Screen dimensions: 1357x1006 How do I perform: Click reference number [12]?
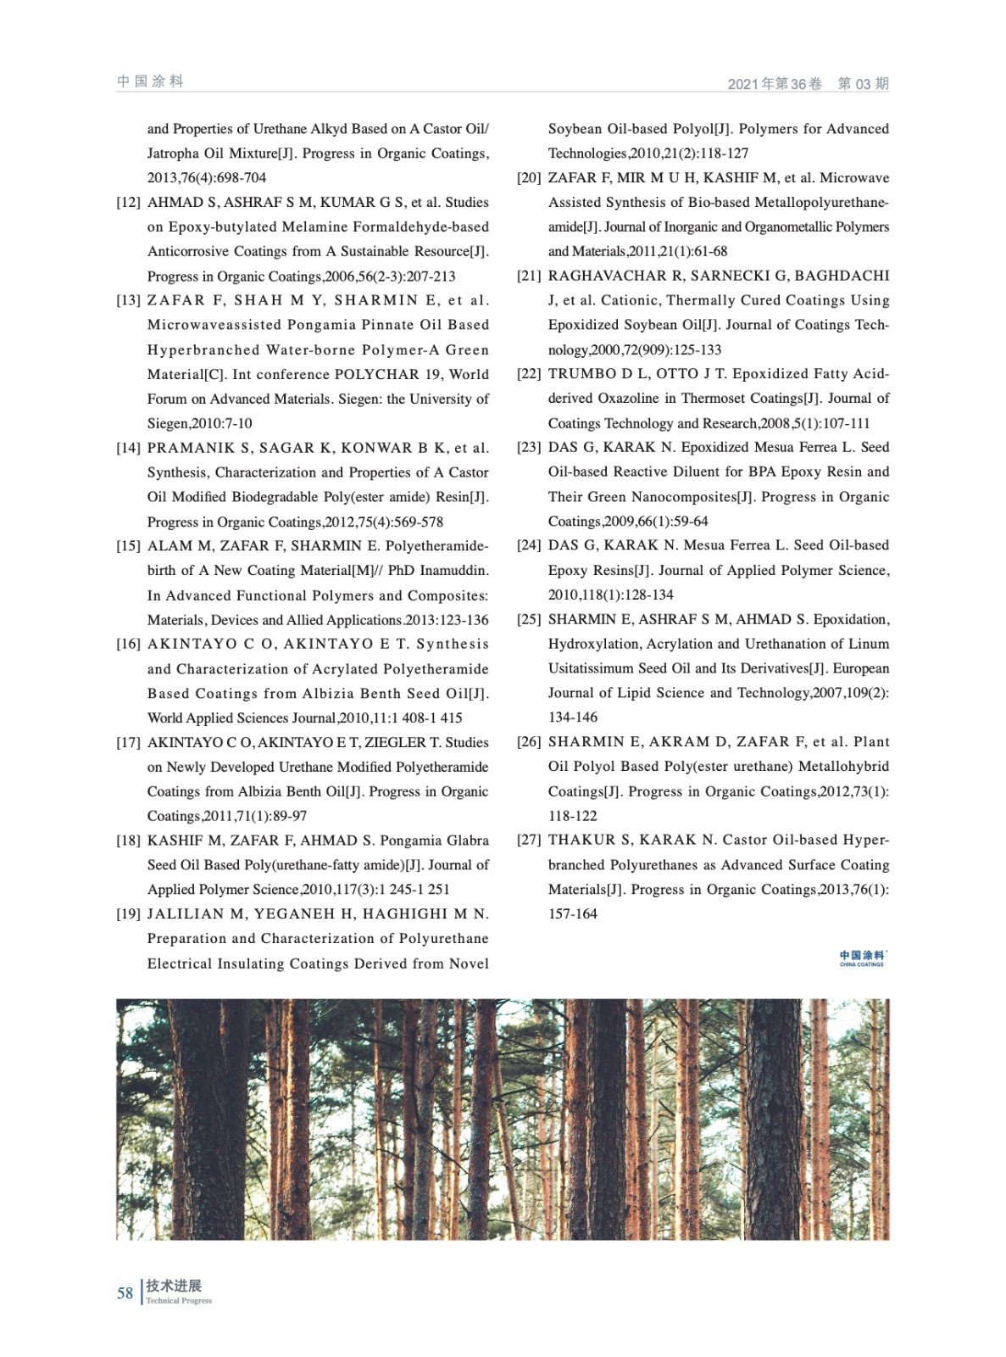point(128,203)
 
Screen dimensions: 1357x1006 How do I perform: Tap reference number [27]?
point(529,840)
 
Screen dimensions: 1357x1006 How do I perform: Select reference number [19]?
point(128,914)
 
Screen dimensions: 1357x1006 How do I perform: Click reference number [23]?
point(529,448)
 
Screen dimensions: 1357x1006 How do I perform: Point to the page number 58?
point(125,1293)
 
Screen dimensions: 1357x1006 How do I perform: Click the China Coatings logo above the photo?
point(862,958)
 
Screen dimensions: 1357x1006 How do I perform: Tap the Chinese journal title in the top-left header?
point(150,81)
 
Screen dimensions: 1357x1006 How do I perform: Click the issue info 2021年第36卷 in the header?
point(775,84)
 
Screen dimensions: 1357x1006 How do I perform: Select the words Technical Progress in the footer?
point(179,1301)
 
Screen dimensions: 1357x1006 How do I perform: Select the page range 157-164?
point(573,914)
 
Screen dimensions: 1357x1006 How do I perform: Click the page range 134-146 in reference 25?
point(573,718)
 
